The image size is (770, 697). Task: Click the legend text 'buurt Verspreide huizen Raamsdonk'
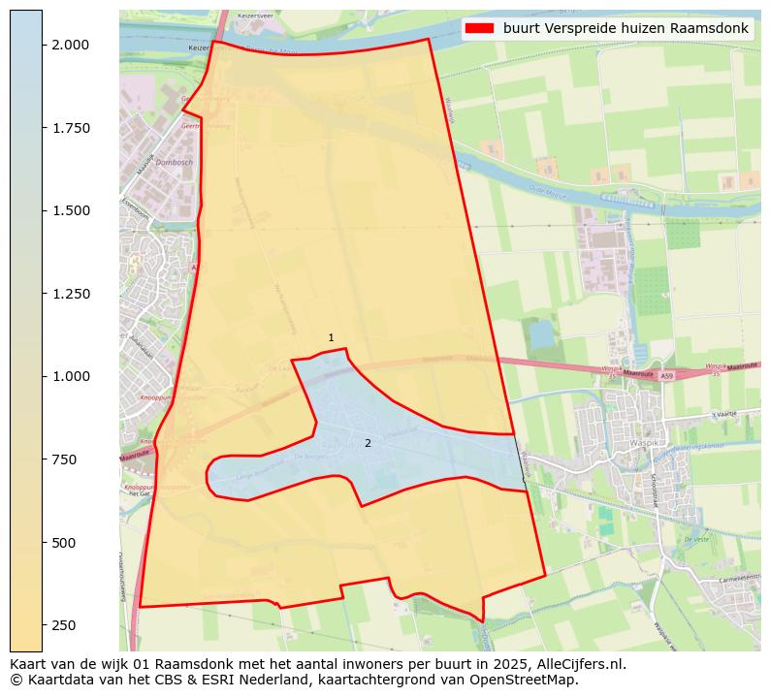(x=626, y=28)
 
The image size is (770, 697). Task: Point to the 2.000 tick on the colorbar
(x=70, y=45)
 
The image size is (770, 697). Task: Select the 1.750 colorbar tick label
(x=70, y=128)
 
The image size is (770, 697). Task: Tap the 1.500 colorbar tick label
(x=70, y=210)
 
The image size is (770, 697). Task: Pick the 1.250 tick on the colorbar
(x=70, y=294)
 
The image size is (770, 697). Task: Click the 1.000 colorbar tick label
(x=70, y=376)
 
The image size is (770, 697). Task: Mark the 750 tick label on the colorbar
(x=64, y=459)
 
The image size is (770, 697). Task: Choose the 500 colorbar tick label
(x=64, y=542)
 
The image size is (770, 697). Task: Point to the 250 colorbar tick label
(x=64, y=624)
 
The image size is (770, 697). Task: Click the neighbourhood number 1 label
(x=331, y=338)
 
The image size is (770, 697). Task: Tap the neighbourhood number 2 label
(x=368, y=443)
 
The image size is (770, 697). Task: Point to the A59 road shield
(x=665, y=375)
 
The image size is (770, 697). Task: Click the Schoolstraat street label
(x=656, y=494)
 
